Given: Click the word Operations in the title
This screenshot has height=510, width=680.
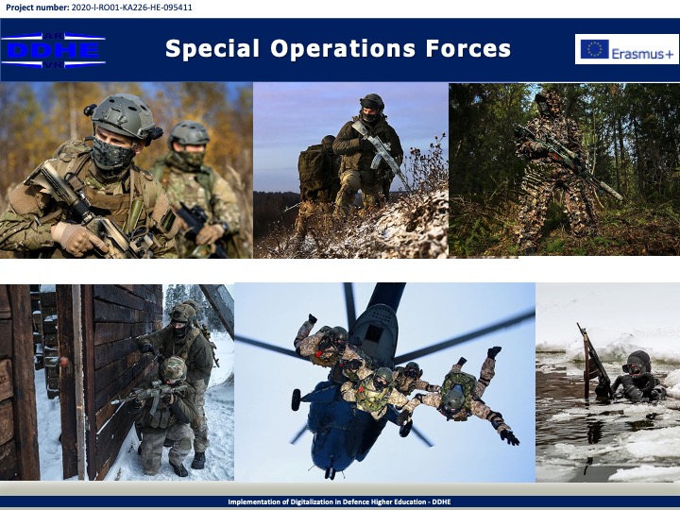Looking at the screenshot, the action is pyautogui.click(x=343, y=48).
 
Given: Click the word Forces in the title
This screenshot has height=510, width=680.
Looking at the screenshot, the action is pyautogui.click(x=467, y=48).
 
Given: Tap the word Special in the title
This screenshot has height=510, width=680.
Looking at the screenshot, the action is pyautogui.click(x=212, y=48).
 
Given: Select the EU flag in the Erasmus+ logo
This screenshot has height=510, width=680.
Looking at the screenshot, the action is pyautogui.click(x=595, y=49).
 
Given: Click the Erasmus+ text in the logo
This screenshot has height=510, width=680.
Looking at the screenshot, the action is pyautogui.click(x=643, y=54).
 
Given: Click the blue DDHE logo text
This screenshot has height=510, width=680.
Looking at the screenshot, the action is pyautogui.click(x=53, y=51).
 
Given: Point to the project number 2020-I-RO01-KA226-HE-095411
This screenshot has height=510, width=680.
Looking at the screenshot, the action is pyautogui.click(x=131, y=8).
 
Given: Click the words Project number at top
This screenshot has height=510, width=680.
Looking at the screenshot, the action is pyautogui.click(x=37, y=8).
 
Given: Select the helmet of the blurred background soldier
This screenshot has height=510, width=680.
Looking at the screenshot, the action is pyautogui.click(x=189, y=133).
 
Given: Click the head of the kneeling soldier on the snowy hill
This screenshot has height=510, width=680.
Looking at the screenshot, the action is pyautogui.click(x=372, y=107).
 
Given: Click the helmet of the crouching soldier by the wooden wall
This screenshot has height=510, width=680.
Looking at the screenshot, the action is pyautogui.click(x=173, y=369).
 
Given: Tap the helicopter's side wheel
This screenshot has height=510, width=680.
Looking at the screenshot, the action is pyautogui.click(x=297, y=399).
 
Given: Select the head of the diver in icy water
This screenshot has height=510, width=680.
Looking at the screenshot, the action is pyautogui.click(x=637, y=363).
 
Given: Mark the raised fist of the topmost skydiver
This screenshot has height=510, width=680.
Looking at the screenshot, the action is pyautogui.click(x=313, y=319).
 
